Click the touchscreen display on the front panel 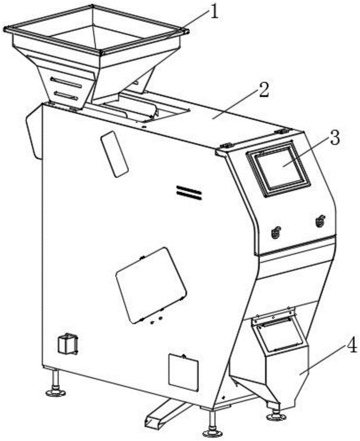(x=278, y=168)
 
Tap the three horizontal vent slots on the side (x=189, y=192)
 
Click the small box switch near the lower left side (x=67, y=344)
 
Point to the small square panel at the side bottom (x=182, y=372)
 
